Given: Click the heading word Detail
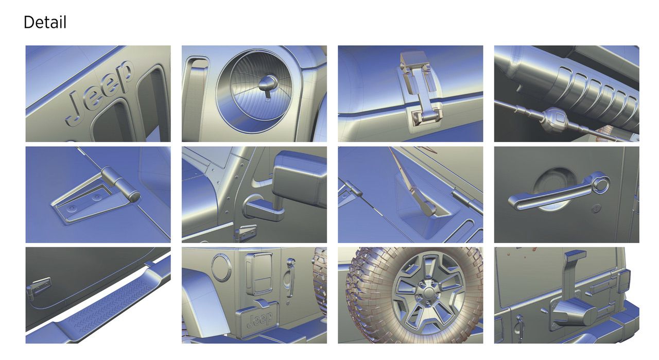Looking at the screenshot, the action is coord(45,22).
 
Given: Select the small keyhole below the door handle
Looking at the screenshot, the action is coord(596,209).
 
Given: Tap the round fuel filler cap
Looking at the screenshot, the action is coord(221,268).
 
